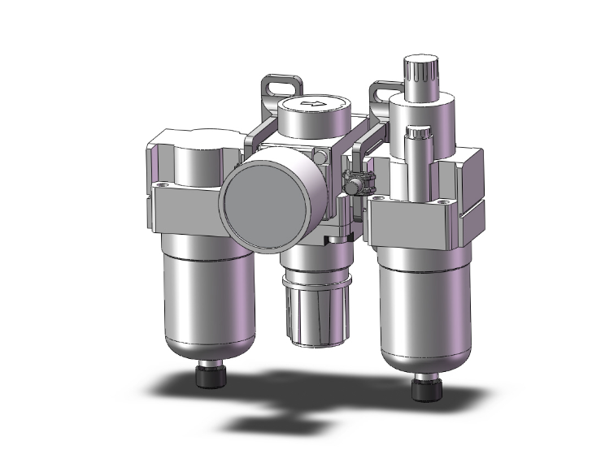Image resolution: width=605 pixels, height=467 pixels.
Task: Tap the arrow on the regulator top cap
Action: click(311, 103)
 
